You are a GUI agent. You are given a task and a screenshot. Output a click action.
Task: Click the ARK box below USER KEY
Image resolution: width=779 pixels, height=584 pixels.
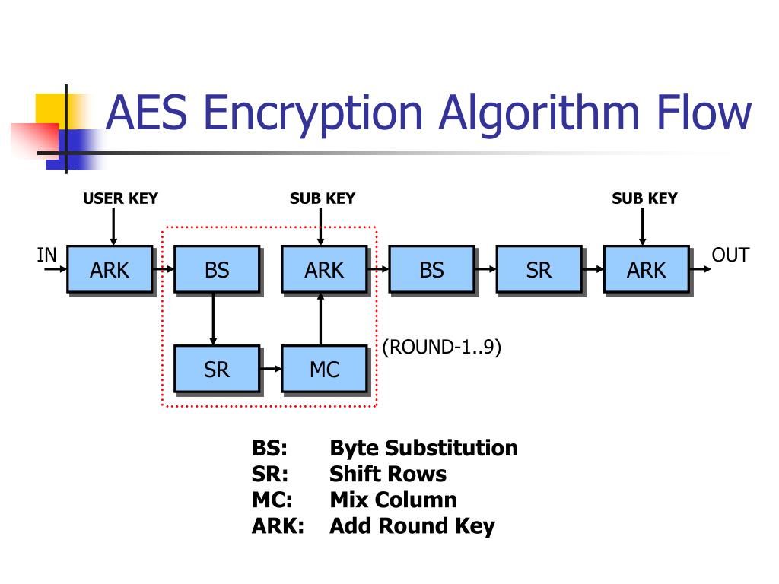coord(110,269)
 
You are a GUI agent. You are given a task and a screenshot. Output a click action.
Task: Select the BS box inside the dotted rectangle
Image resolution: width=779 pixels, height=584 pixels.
coord(217,269)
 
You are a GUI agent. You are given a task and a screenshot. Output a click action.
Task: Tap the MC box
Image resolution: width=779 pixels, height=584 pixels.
coord(324,370)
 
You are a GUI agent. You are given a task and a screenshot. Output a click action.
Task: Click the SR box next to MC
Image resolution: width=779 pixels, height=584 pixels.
coord(217,370)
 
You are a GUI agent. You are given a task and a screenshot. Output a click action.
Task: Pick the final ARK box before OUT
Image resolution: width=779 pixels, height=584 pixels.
coord(646,269)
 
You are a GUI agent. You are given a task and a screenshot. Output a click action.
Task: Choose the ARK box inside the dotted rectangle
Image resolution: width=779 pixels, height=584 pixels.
coord(324,269)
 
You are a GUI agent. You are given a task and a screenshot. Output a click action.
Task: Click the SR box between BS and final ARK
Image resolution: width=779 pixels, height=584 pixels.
coord(539,269)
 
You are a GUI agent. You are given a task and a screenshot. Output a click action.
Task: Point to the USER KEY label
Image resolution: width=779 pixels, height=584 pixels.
coord(120,198)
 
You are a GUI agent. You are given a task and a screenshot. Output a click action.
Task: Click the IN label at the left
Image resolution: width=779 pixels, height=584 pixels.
coord(47,255)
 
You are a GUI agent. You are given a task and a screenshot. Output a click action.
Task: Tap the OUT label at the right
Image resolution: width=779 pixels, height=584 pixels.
coord(730,255)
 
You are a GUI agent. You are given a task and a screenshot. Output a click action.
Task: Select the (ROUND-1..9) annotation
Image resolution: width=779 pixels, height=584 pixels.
coord(441,348)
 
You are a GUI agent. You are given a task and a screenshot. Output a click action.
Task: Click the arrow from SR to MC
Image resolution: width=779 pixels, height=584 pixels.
coord(270,370)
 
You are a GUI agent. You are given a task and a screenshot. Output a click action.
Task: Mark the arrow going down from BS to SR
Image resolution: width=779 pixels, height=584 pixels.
coord(213,319)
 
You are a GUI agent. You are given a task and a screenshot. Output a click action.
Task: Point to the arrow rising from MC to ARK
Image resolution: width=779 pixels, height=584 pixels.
coord(320,319)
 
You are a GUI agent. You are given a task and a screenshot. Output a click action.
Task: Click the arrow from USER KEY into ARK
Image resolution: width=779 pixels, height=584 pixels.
coord(113,226)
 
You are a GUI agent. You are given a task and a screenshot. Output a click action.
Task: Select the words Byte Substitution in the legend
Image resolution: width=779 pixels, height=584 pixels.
coord(424,448)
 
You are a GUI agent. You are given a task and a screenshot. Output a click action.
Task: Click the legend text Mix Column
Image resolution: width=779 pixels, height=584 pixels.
coord(393,500)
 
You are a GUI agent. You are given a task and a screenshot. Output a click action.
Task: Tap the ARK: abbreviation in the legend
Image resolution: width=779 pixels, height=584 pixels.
coord(278,525)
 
